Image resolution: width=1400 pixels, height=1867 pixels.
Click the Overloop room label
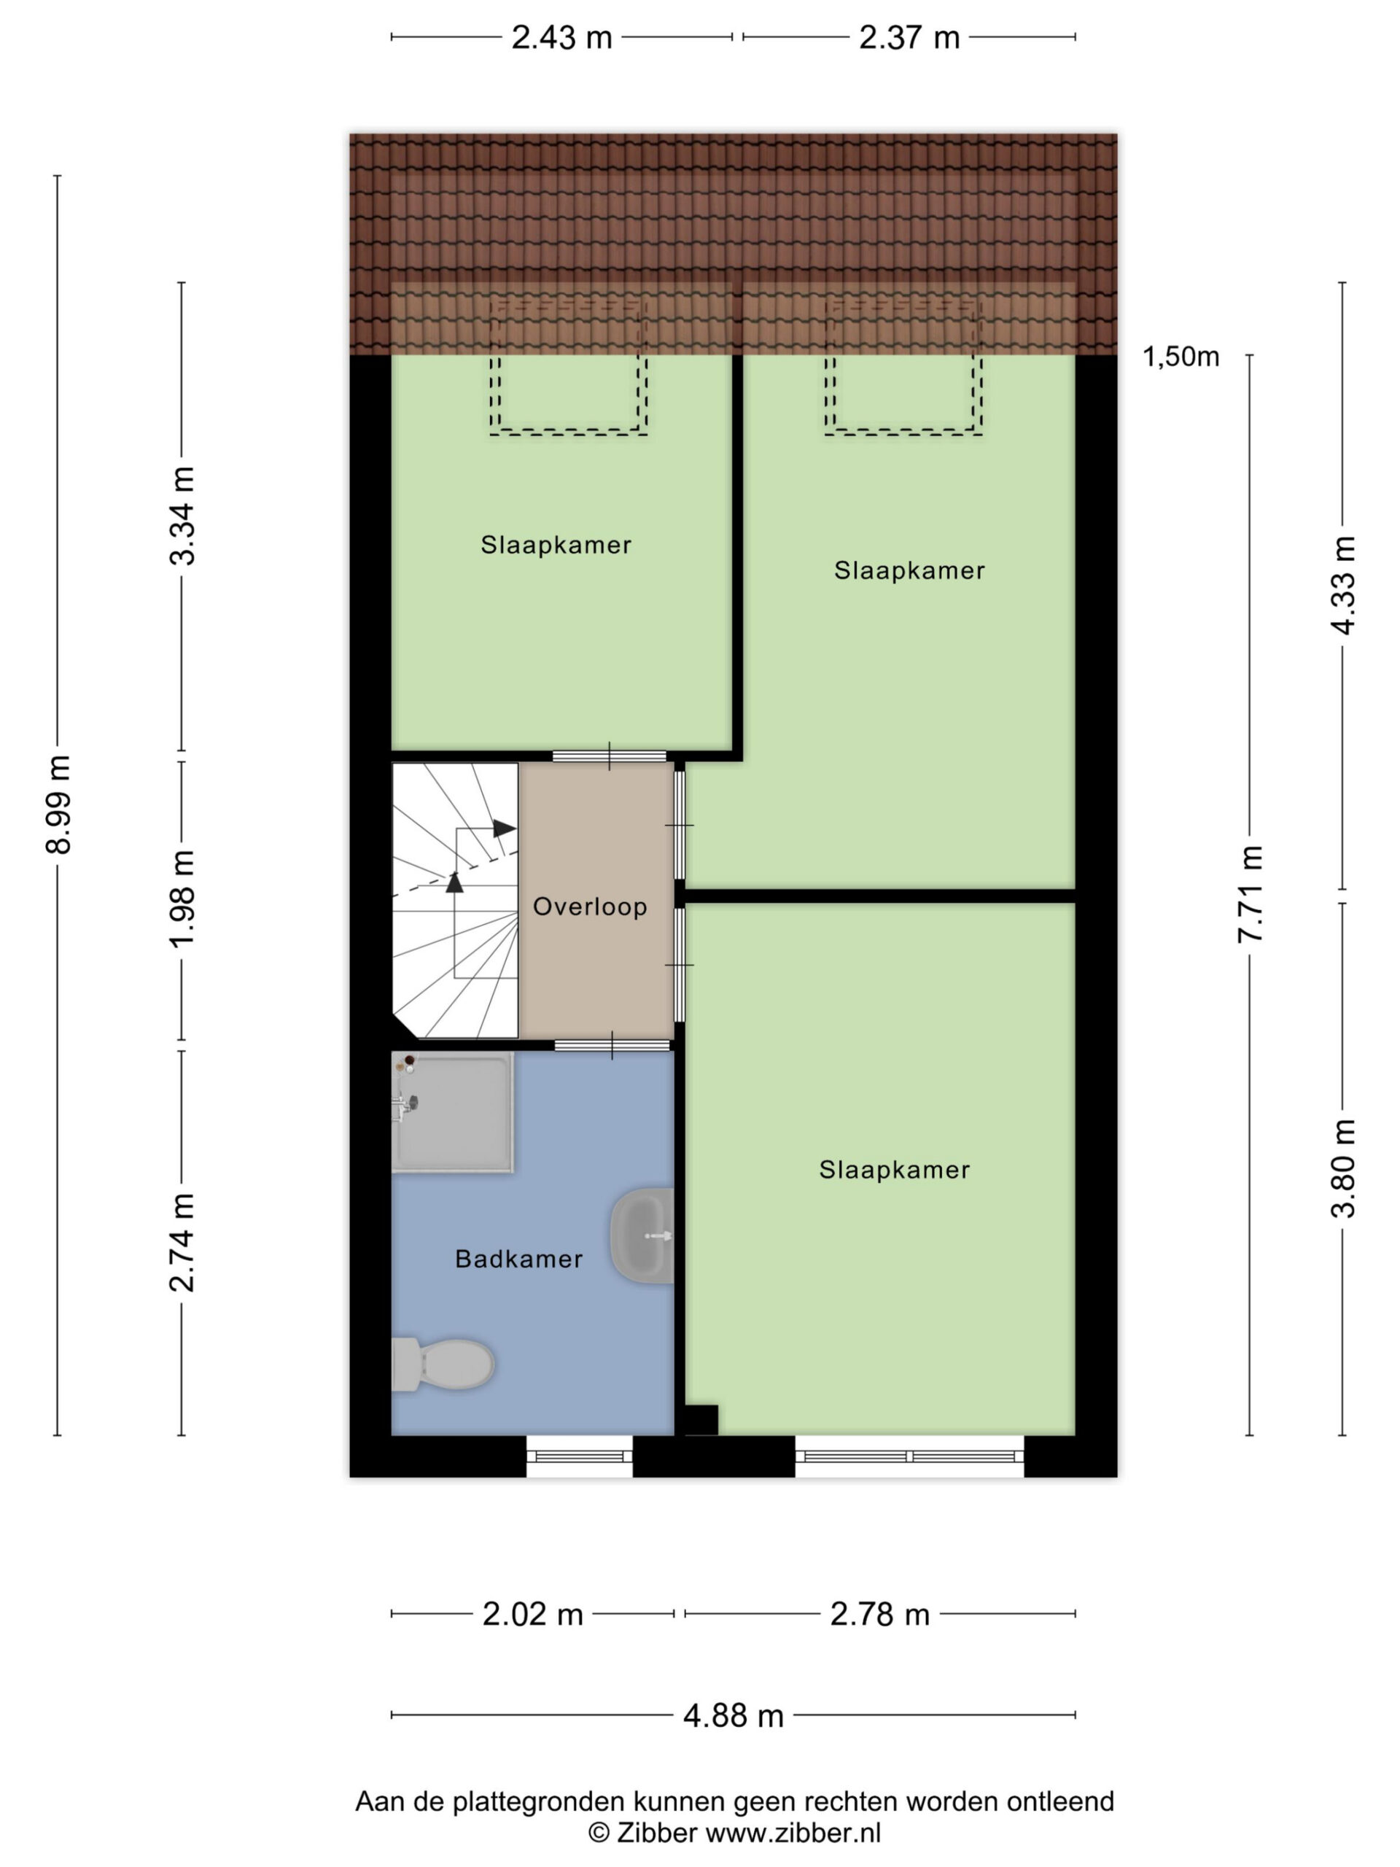click(x=590, y=907)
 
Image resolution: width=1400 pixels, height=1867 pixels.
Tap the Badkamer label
click(x=519, y=1259)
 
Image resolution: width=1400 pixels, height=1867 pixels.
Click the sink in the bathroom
click(x=642, y=1235)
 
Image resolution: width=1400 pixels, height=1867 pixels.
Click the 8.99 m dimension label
click(x=59, y=805)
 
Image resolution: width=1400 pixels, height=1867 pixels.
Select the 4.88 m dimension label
click(x=734, y=1716)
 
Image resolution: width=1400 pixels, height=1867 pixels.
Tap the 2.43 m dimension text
click(x=561, y=38)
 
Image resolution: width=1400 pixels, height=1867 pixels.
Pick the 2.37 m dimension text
click(x=909, y=38)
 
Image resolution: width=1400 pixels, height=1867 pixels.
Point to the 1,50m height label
click(x=1181, y=357)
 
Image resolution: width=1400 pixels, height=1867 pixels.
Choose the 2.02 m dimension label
click(x=532, y=1614)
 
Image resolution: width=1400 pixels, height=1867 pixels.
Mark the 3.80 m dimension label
click(x=1342, y=1168)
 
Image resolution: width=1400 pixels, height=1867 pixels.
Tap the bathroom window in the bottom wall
click(x=580, y=1456)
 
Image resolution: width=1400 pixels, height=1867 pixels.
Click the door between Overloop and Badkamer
click(x=612, y=1045)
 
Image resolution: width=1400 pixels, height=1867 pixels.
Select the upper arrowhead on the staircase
click(x=505, y=828)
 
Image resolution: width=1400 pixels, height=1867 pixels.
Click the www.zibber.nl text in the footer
click(x=793, y=1834)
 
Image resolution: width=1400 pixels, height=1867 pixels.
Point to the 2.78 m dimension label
click(x=879, y=1614)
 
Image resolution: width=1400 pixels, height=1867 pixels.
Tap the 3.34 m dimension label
click(x=183, y=516)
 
